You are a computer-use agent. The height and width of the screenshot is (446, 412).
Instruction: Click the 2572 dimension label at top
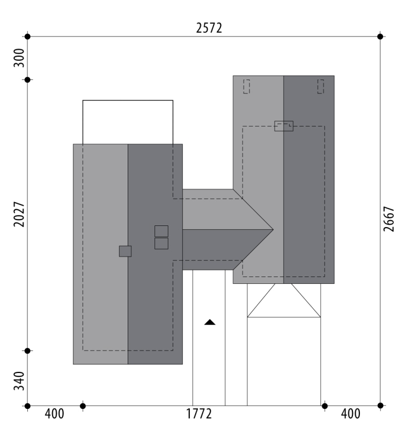tap(209, 28)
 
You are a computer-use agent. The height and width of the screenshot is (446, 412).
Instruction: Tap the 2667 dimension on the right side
tap(389, 219)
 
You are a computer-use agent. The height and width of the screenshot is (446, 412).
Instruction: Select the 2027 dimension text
tap(19, 215)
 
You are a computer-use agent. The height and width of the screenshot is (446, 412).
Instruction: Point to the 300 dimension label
tap(19, 58)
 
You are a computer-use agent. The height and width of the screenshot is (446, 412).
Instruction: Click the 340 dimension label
tap(19, 381)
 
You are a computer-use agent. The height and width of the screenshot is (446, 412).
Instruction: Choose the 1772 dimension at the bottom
tap(199, 414)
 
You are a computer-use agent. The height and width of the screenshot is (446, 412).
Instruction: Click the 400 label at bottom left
tap(54, 414)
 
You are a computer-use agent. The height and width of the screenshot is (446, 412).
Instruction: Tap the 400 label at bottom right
tap(351, 414)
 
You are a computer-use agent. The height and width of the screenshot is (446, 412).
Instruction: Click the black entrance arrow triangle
tap(210, 322)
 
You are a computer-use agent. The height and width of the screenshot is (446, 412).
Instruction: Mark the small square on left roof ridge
tap(125, 251)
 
